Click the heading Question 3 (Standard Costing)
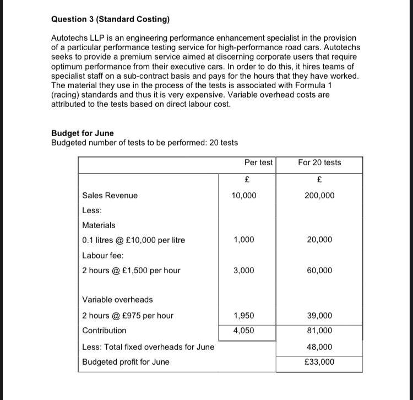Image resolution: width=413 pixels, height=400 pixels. (110, 19)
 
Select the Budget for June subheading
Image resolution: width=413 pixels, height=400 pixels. (83, 133)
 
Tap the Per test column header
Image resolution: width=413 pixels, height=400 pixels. (258, 163)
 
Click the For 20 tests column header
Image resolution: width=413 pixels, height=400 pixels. (319, 163)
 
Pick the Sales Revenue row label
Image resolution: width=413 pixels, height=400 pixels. (110, 196)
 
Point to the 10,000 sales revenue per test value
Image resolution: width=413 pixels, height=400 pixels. (244, 196)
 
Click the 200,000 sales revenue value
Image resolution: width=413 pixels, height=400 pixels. (319, 196)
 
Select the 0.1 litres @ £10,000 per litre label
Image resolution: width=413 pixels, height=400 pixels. (133, 240)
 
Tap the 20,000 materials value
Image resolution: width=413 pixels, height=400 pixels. (319, 240)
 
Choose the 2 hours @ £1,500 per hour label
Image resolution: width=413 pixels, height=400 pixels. (131, 271)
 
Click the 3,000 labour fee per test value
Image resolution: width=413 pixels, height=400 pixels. (244, 271)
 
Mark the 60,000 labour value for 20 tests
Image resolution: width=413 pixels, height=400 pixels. (319, 271)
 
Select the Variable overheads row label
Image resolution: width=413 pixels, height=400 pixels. (117, 300)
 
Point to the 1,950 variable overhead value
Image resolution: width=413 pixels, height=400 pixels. (244, 316)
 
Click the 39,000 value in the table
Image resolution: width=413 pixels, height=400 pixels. (319, 316)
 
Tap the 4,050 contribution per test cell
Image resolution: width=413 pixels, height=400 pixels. (244, 331)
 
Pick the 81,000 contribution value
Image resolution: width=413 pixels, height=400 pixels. (319, 331)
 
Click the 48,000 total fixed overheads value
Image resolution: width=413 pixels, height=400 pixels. (319, 347)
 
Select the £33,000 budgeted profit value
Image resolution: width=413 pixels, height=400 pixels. (319, 362)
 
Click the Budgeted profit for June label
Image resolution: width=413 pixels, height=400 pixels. (126, 362)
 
